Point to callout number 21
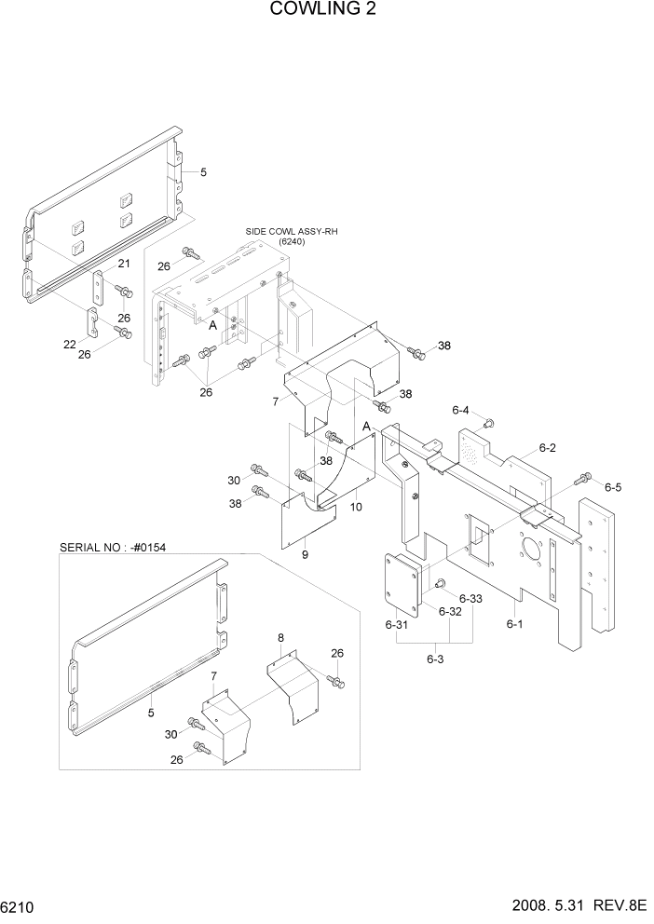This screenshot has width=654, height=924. click(123, 265)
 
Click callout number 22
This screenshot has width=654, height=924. click(70, 344)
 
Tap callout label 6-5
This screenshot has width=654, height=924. click(612, 486)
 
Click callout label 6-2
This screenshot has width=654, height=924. click(547, 448)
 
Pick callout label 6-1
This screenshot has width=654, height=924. click(514, 624)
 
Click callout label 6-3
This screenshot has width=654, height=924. click(435, 659)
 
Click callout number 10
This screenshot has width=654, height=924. click(356, 509)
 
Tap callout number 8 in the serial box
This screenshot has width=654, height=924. click(280, 638)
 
